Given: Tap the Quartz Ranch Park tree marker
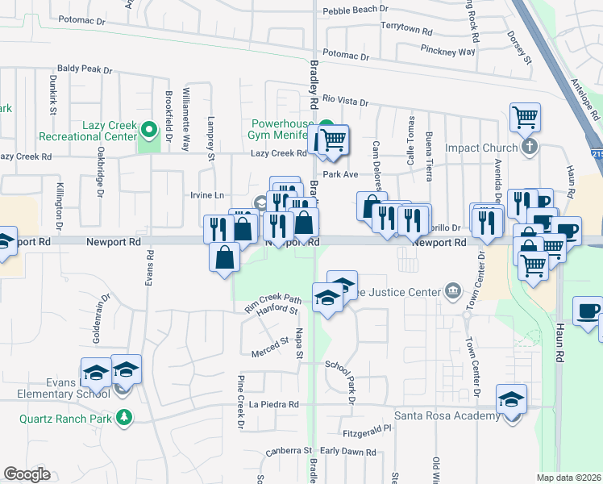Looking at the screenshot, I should tap(124, 417).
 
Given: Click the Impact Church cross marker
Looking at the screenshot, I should tap(529, 147).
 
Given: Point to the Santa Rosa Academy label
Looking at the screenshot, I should tap(447, 415).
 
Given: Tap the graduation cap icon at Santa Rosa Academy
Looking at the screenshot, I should tap(510, 399).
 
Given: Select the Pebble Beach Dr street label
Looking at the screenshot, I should tap(356, 11).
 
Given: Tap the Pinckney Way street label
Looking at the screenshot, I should tap(448, 52).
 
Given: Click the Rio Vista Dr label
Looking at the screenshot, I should tap(345, 102).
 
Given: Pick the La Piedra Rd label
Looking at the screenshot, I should tap(274, 404).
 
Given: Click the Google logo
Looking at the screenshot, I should tap(27, 474).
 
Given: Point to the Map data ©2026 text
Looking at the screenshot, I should tap(569, 478).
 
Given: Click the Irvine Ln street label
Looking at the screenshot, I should tap(207, 195).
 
